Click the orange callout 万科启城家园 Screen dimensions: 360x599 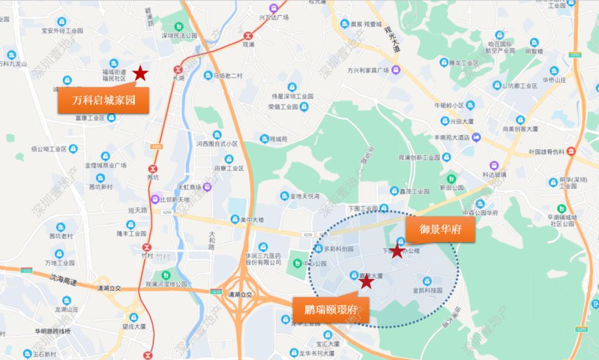point(104,100)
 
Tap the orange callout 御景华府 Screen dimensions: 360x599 point(441,229)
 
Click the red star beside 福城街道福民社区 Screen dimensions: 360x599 point(141,73)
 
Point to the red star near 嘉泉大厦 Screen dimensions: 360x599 point(366,282)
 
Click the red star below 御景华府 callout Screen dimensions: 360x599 point(397,251)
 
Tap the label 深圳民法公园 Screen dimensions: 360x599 point(179,36)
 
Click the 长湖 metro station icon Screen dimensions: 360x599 point(178,70)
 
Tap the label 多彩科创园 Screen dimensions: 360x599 point(338,249)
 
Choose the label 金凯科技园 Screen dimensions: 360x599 point(427,290)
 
